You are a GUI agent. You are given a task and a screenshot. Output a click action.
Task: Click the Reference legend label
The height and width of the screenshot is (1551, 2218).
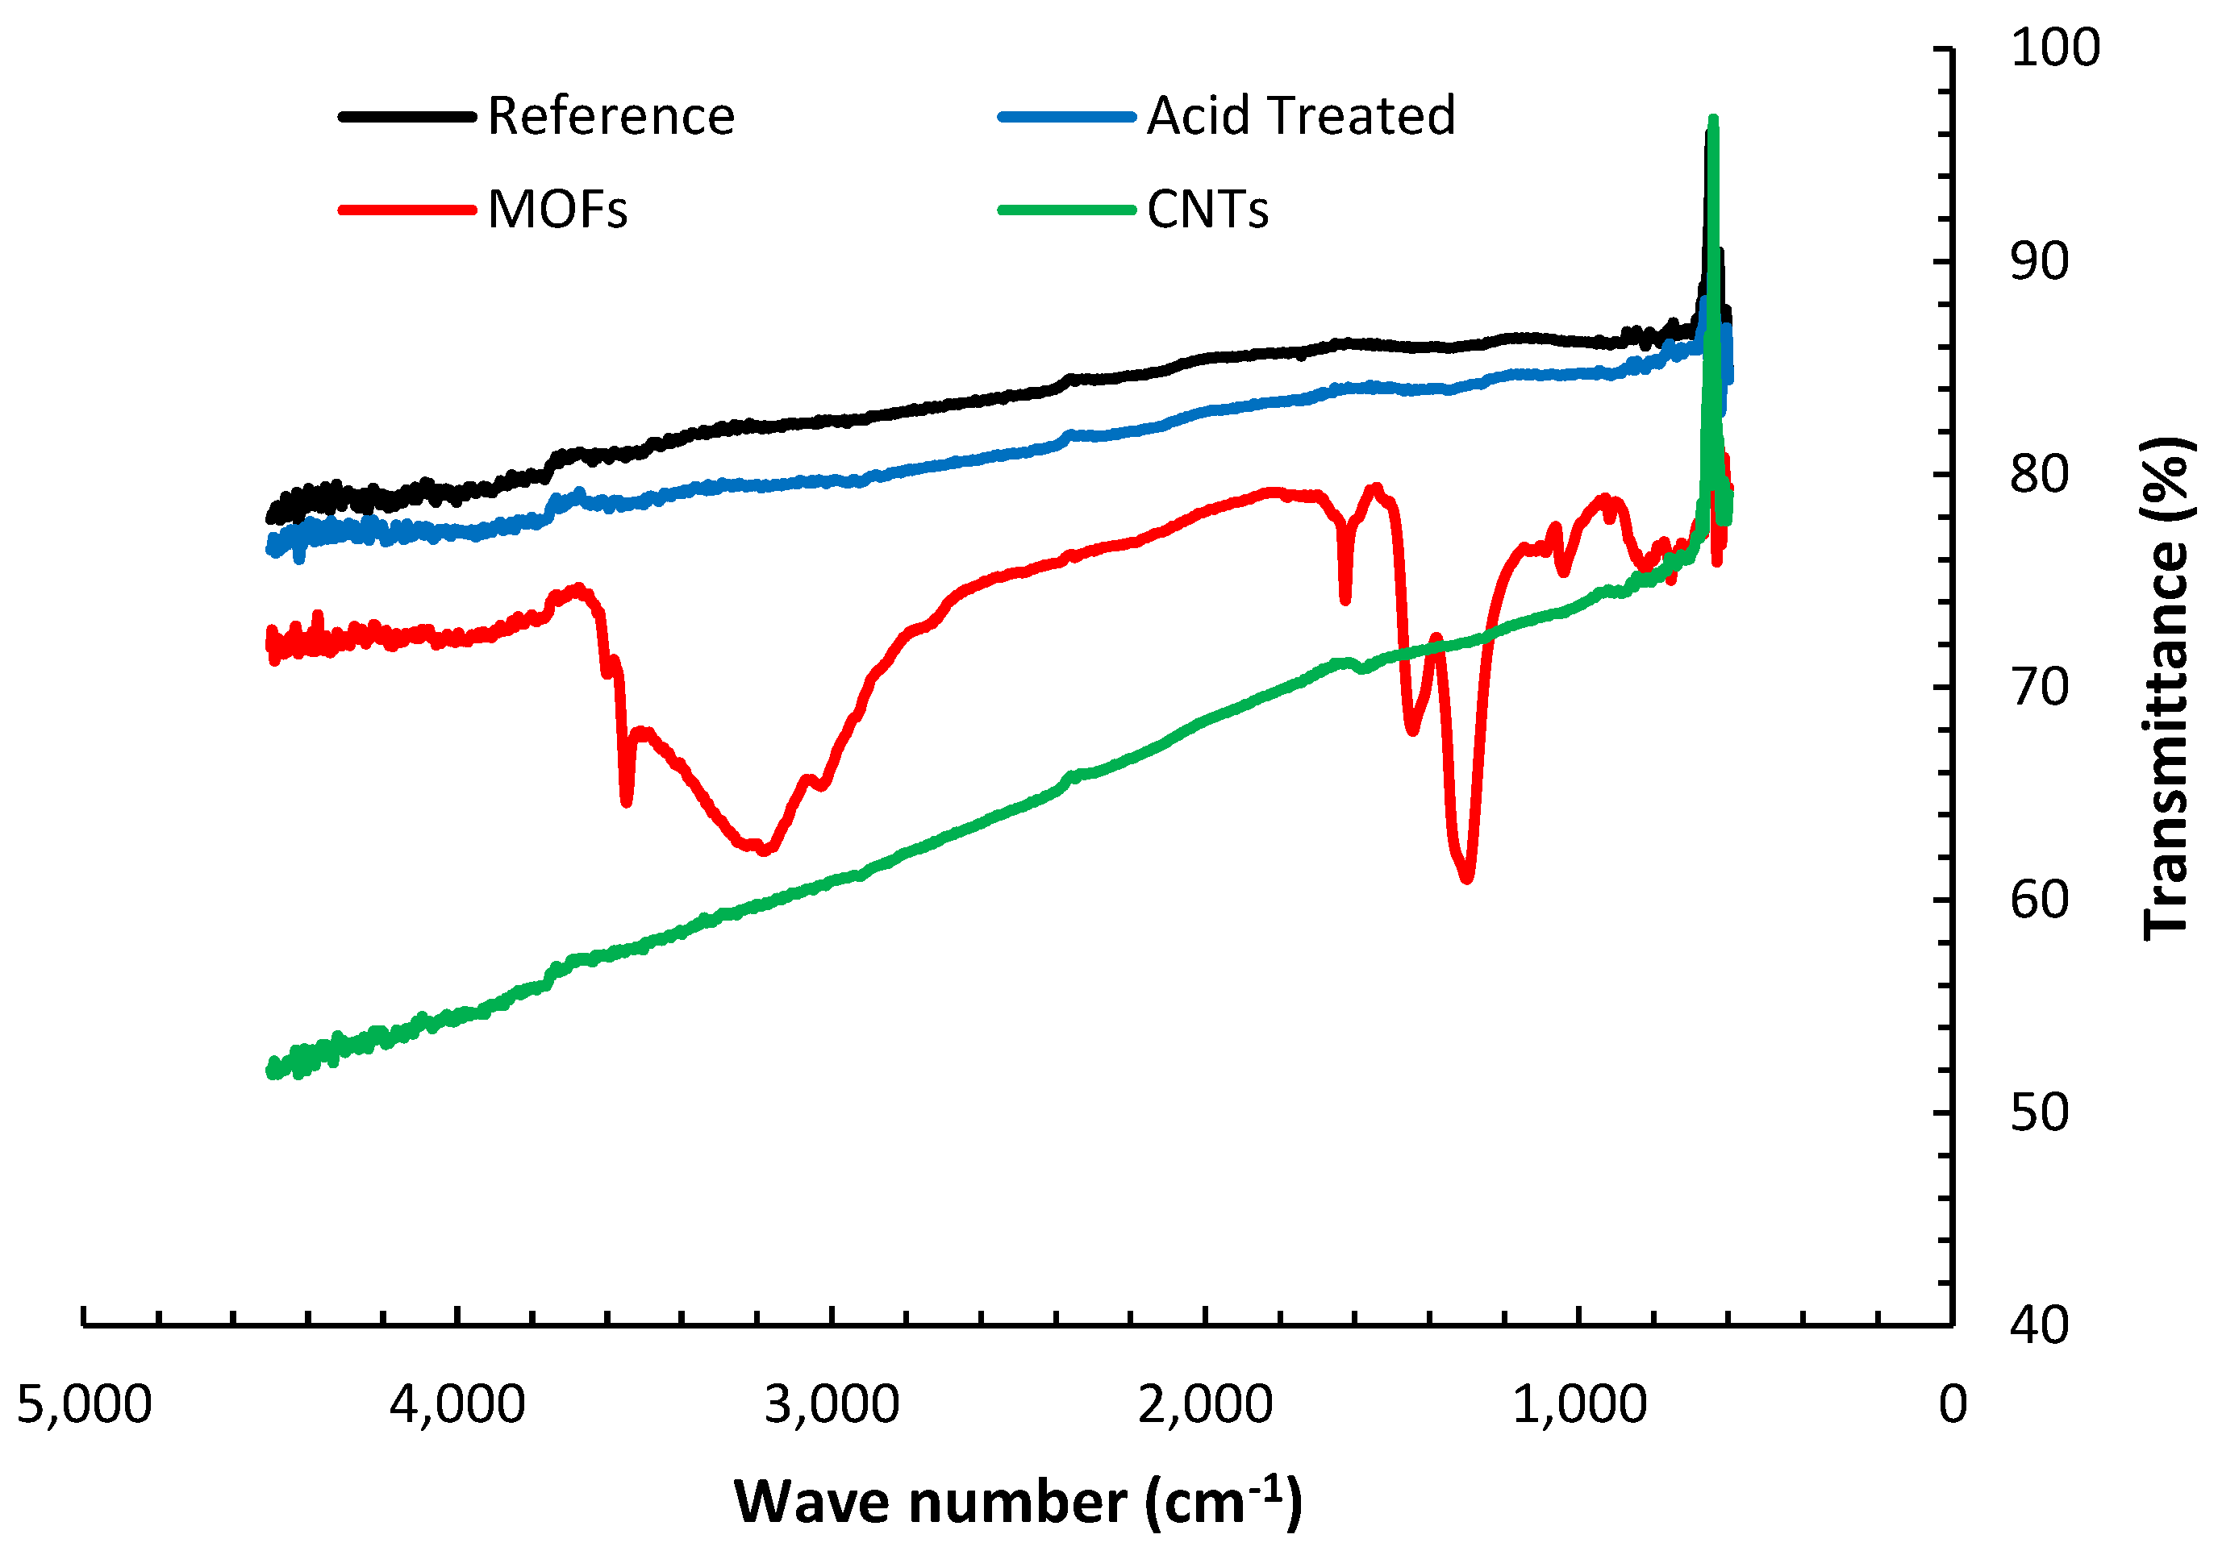pos(611,117)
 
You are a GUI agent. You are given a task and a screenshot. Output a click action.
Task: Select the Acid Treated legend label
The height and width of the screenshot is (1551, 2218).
pos(1300,117)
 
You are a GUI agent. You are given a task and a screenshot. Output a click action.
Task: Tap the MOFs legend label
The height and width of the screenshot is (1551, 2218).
pos(557,210)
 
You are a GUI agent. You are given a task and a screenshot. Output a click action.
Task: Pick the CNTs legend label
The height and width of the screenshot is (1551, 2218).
pos(1207,210)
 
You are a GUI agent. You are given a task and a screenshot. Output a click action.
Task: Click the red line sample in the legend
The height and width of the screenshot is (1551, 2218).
pos(406,210)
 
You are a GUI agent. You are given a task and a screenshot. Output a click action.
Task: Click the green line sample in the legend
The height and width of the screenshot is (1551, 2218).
pos(1066,210)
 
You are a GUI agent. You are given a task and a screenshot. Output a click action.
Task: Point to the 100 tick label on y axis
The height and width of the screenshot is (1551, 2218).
pos(2055,48)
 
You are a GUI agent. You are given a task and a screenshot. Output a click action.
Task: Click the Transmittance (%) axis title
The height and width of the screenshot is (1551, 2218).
pos(2165,688)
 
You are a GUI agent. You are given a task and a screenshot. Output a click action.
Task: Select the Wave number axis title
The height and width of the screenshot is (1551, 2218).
pos(1017,1503)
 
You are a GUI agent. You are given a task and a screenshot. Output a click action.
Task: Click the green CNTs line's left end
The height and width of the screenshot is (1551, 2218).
pos(273,1069)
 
